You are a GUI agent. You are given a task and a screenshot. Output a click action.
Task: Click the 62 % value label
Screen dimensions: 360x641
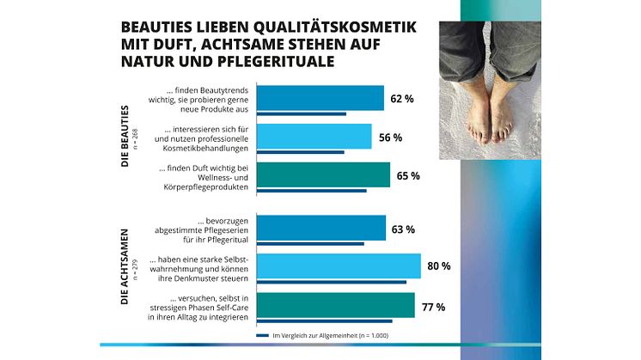coord(401,100)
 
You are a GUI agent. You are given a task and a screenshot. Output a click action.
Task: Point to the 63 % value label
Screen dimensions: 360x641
coord(403,229)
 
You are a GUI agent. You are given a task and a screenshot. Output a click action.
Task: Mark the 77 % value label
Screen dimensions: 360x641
coord(432,305)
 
